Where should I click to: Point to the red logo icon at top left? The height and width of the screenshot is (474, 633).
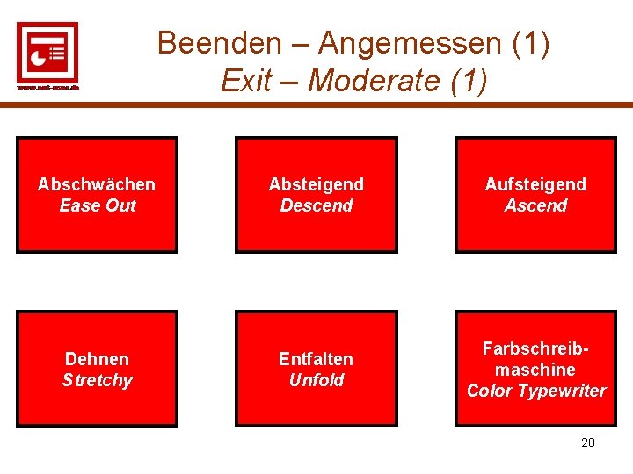pos(47,52)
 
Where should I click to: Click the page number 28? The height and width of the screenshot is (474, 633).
pos(588,442)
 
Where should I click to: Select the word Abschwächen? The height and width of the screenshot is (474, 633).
pos(97,184)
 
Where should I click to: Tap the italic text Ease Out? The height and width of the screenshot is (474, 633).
pos(97,205)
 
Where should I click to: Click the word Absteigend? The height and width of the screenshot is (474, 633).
pos(316,184)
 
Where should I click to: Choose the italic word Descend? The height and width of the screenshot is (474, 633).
pos(316,205)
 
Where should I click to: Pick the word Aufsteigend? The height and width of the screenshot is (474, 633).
pos(535,184)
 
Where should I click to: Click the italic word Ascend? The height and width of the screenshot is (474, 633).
pos(535,205)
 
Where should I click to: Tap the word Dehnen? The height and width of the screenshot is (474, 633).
pos(97,359)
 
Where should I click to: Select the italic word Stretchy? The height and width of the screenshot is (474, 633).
pos(97,380)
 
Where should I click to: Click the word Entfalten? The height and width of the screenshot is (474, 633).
pos(316,359)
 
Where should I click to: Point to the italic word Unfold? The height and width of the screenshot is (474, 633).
pos(316,380)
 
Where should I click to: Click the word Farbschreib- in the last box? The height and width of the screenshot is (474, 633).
pos(535,348)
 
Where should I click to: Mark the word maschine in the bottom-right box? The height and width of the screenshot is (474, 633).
pos(535,370)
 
